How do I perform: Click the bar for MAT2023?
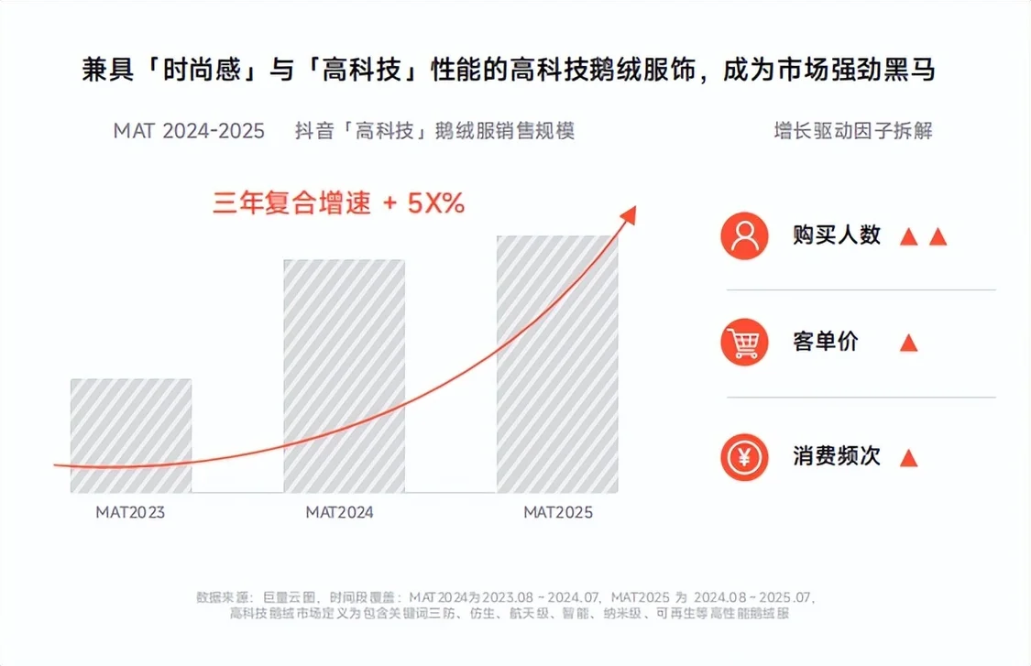pos(131,435)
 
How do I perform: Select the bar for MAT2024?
pos(344,376)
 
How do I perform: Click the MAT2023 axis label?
pos(131,512)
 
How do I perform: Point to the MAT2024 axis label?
pos(340,512)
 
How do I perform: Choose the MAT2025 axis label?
pos(558,512)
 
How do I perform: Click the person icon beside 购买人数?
pos(744,235)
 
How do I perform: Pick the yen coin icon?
pos(744,456)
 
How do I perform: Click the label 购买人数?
pos(837,235)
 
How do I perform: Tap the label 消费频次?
pos(837,456)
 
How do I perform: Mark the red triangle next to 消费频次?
pos(908,457)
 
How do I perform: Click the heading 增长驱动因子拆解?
pos(852,130)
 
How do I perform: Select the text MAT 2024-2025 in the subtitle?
pos(189,130)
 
